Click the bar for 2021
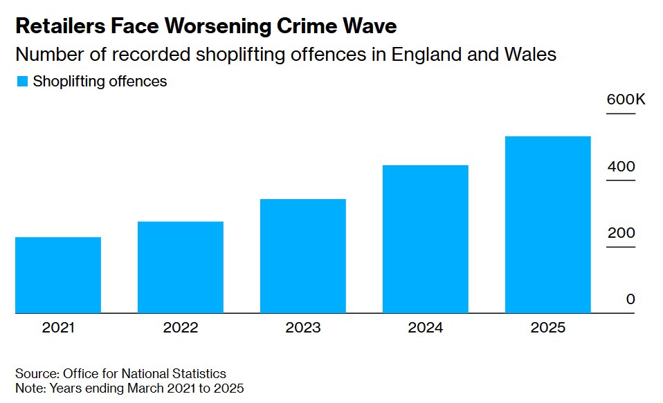58,275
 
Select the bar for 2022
181,267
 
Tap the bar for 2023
302,256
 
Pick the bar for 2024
426,239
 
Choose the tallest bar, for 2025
548,225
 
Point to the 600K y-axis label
626,100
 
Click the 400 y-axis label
621,167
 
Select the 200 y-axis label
621,233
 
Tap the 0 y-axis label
630,299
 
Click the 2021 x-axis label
59,328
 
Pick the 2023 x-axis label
303,328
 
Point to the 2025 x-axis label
548,328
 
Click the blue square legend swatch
22,82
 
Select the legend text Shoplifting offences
100,82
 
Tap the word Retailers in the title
58,27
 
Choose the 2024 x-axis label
426,328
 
